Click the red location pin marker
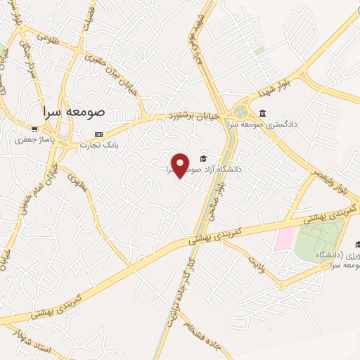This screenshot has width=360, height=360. tap(181, 165)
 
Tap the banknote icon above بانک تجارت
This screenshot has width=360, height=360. tap(99, 134)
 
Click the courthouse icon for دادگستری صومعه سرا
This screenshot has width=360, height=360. tap(262, 113)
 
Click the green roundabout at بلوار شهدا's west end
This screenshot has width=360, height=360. tap(241, 112)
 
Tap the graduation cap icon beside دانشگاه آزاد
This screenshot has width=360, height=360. tap(203, 159)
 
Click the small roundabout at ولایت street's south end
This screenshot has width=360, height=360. tap(281, 285)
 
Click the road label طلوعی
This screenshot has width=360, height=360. tap(46, 36)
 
